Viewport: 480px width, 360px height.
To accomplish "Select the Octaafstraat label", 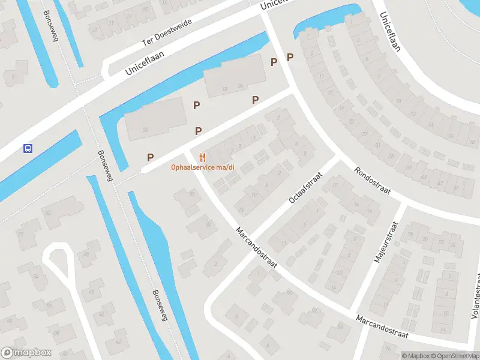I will coord(305,187).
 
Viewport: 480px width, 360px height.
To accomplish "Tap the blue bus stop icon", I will coord(27,148).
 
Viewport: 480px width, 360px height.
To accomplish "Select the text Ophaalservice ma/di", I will coord(203,167).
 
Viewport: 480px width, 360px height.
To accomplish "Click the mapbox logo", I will coord(26,353).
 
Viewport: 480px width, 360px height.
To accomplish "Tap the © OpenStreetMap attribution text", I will coord(454,356).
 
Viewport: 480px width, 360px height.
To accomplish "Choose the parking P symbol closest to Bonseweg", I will coord(150,158).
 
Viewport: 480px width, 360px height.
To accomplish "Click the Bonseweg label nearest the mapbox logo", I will coord(159,306).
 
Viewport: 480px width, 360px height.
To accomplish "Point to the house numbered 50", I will coord(47,212).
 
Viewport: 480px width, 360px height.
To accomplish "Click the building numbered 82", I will coord(209,224).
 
